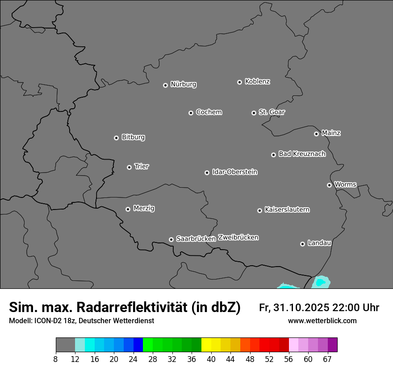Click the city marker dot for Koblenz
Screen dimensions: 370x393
point(239,82)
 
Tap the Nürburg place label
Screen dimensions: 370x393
point(183,84)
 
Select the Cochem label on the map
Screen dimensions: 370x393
point(209,112)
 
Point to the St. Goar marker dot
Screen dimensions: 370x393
point(254,113)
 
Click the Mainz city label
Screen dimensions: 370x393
point(331,133)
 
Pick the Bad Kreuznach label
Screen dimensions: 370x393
point(302,154)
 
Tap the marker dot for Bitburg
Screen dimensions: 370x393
point(116,138)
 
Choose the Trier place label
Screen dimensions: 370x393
point(142,166)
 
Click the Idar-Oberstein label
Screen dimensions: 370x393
point(234,172)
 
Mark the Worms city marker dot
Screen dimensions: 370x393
point(329,185)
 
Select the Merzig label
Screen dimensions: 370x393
point(144,208)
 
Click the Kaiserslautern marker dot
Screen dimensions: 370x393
point(259,210)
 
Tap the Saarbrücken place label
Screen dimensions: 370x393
point(196,238)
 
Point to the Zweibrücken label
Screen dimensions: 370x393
point(238,237)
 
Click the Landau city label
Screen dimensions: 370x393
point(319,243)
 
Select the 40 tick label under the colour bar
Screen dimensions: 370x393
point(211,359)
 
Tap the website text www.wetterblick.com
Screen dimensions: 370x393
point(322,321)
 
